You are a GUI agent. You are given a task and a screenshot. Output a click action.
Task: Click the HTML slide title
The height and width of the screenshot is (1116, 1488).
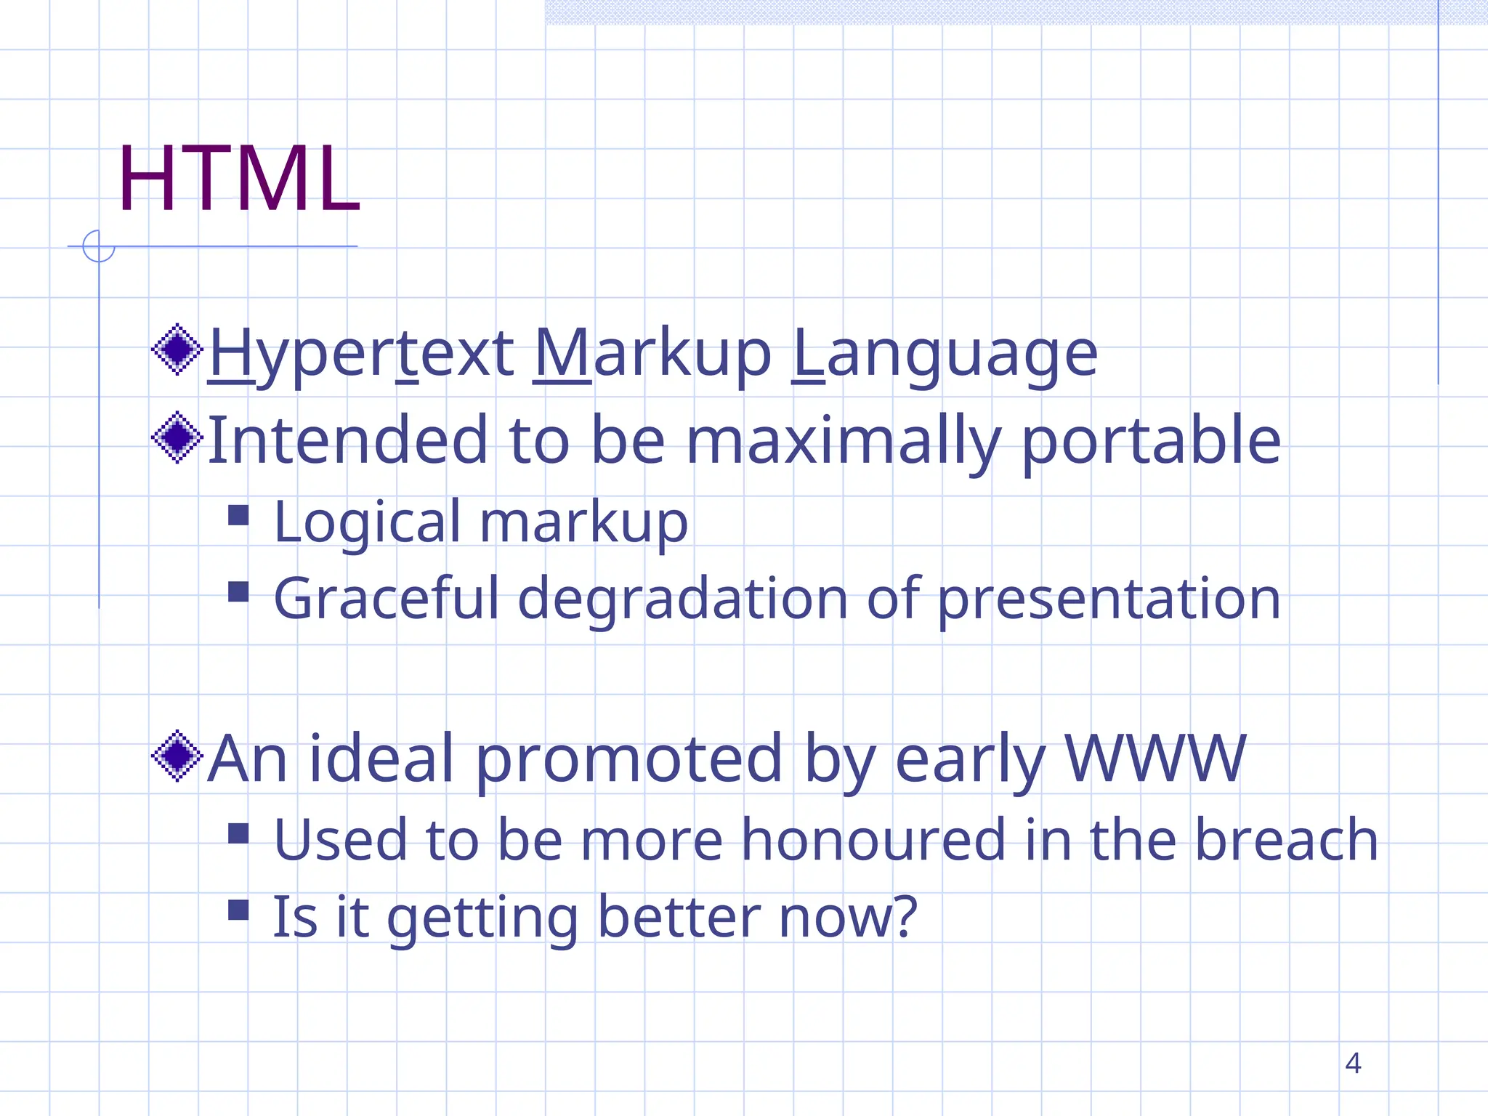[x=238, y=179]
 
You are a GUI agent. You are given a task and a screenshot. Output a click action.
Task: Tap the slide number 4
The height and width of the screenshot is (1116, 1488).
[x=1352, y=1063]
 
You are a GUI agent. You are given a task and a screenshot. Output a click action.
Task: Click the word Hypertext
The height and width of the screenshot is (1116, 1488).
[x=361, y=355]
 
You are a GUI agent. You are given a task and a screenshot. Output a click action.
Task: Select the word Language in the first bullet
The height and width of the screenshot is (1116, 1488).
[x=944, y=355]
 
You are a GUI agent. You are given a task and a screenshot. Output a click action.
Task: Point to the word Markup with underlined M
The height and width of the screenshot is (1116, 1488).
[x=652, y=355]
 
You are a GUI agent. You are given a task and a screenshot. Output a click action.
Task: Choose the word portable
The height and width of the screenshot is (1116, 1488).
[x=1151, y=441]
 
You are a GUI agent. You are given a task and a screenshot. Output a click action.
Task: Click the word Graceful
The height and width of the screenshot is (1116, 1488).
[x=386, y=599]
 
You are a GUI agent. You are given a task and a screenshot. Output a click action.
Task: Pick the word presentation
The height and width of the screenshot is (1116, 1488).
[x=1109, y=599]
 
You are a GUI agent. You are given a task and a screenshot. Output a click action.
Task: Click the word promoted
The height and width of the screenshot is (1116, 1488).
[x=629, y=759]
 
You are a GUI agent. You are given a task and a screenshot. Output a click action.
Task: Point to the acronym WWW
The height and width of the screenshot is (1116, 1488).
[x=1155, y=759]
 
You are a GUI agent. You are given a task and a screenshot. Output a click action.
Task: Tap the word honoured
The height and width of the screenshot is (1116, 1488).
[x=873, y=840]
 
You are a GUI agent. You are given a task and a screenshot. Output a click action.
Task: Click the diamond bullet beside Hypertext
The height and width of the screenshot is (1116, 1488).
[x=177, y=350]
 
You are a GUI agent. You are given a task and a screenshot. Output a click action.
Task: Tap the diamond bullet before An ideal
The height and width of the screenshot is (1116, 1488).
[x=177, y=756]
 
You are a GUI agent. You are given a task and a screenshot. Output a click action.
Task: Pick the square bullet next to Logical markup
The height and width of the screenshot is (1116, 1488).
[x=238, y=515]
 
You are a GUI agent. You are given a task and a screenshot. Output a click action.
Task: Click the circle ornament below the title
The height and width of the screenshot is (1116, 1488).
[x=98, y=246]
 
